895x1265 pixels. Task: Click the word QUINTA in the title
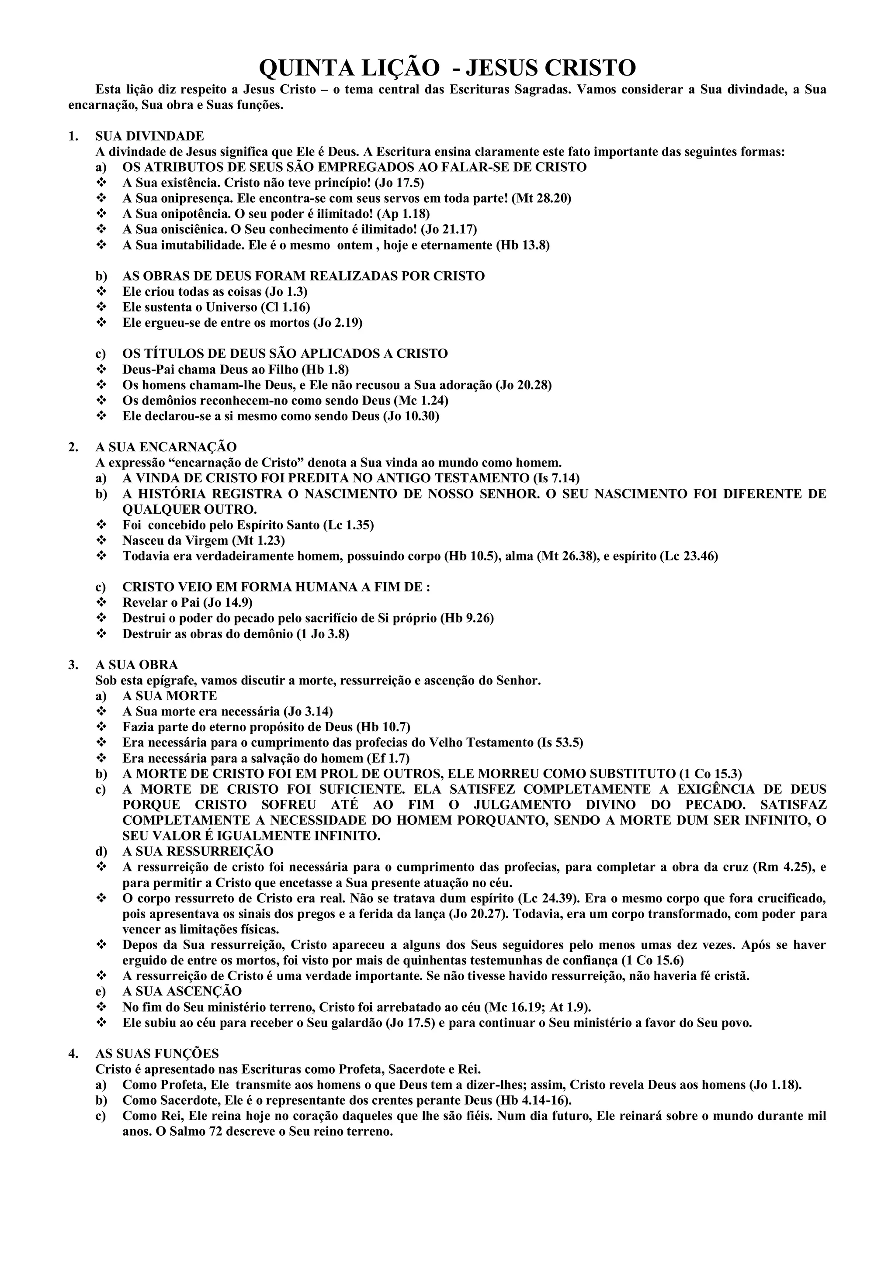[296, 68]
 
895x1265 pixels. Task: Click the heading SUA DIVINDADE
[149, 136]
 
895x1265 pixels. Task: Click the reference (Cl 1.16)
[285, 307]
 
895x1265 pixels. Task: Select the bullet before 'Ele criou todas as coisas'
[101, 291]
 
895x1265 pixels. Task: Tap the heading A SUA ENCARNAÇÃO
[166, 447]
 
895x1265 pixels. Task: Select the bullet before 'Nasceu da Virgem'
[101, 540]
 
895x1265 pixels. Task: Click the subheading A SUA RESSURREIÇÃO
[198, 851]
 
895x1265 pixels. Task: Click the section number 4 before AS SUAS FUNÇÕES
[72, 1054]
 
